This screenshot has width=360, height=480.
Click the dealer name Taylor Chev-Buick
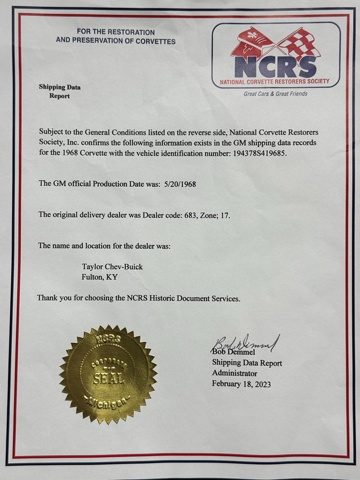(112, 267)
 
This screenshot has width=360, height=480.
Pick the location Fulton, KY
(99, 277)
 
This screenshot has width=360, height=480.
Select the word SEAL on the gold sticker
(108, 377)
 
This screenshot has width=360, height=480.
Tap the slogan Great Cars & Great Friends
(275, 94)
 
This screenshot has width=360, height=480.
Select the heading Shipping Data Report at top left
(59, 91)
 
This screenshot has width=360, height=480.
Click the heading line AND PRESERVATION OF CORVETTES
(116, 41)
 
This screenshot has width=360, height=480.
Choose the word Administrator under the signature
(234, 373)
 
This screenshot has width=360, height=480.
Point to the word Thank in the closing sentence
(47, 298)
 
